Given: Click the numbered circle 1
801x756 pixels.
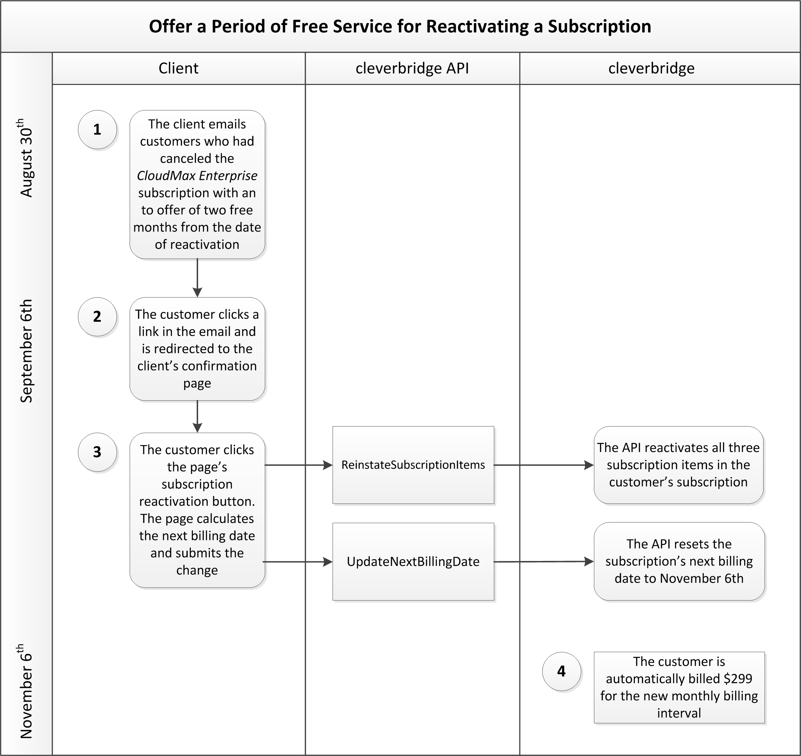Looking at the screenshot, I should [x=97, y=130].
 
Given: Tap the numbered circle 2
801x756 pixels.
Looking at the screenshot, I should [x=97, y=317].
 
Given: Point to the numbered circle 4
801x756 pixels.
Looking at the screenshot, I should [x=561, y=671].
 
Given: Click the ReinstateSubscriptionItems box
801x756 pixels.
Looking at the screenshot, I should [x=413, y=465].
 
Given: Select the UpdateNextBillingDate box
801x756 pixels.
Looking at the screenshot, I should [x=413, y=562].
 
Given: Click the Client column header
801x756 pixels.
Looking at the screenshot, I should [x=178, y=68].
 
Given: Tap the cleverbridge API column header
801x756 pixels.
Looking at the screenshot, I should [x=412, y=68].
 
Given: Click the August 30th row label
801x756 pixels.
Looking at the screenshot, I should [x=26, y=158].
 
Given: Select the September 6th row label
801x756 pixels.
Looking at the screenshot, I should [x=26, y=350].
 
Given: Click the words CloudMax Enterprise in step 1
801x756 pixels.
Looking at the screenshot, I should [x=197, y=176].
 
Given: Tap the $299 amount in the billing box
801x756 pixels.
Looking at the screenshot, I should [x=738, y=679].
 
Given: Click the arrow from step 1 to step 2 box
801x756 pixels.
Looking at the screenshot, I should [x=197, y=278].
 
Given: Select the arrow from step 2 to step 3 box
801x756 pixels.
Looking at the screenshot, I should [x=197, y=417].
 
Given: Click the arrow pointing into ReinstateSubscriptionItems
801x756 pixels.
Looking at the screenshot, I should [x=298, y=465].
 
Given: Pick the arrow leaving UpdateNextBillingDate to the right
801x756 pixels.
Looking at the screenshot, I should [x=544, y=561].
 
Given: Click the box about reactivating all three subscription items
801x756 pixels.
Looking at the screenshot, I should [x=679, y=465].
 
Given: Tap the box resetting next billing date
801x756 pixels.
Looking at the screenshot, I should [x=679, y=561].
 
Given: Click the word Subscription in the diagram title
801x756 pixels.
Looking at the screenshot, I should [x=599, y=26].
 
